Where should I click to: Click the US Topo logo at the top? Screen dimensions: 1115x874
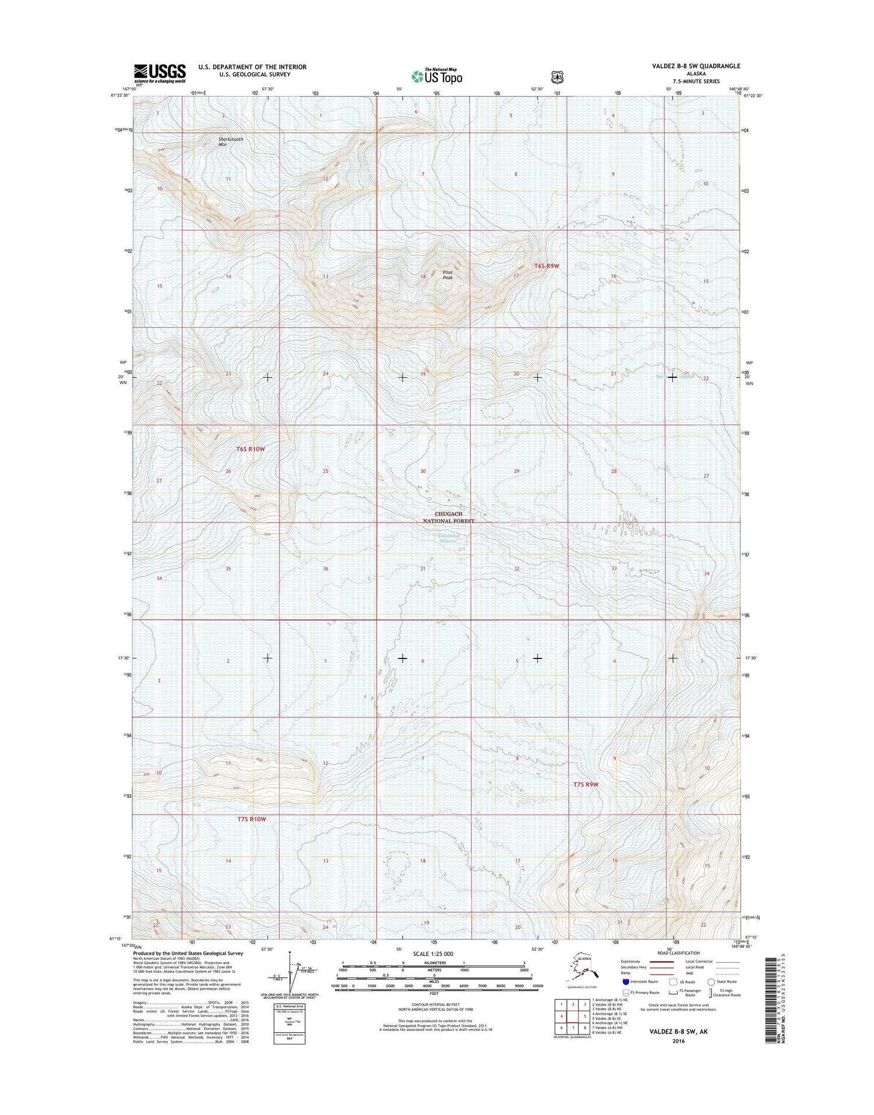pyautogui.click(x=437, y=76)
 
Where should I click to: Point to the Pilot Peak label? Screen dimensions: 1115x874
pyautogui.click(x=447, y=275)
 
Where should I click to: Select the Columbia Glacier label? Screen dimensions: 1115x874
pyautogui.click(x=449, y=538)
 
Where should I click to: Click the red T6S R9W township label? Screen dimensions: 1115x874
pyautogui.click(x=546, y=266)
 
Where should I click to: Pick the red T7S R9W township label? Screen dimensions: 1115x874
pyautogui.click(x=586, y=784)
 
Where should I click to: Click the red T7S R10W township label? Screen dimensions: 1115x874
pyautogui.click(x=252, y=819)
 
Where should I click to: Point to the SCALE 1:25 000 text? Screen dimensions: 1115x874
pyautogui.click(x=432, y=954)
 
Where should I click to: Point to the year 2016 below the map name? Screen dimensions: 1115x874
pyautogui.click(x=678, y=1041)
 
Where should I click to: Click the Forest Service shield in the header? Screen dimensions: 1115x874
pyautogui.click(x=558, y=76)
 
